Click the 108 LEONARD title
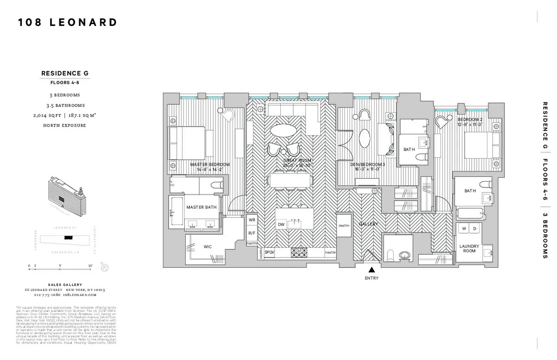[x=67, y=22]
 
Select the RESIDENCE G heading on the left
[x=65, y=73]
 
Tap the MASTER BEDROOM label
[x=210, y=165]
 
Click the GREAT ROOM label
[x=297, y=161]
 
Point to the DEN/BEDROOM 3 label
[x=368, y=165]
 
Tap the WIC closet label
[x=207, y=247]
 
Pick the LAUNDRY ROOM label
[x=469, y=249]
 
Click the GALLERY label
[x=368, y=224]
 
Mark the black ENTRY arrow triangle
[x=371, y=270]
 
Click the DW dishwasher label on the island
[x=281, y=225]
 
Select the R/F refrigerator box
[x=252, y=233]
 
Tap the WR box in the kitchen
[x=252, y=220]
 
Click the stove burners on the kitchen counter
[x=298, y=253]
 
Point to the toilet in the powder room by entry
[x=390, y=255]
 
